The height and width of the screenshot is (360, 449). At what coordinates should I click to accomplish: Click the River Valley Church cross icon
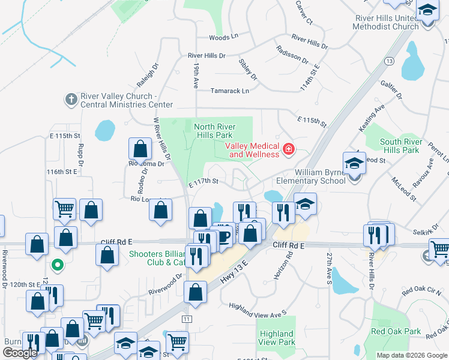pyautogui.click(x=71, y=98)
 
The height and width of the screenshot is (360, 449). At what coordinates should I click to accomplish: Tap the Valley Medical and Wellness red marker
pyautogui.click(x=289, y=149)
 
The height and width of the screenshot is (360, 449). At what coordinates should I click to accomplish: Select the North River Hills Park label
pyautogui.click(x=215, y=131)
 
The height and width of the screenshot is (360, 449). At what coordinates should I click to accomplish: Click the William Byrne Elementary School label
pyautogui.click(x=311, y=176)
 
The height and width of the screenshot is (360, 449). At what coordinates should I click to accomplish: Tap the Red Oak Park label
pyautogui.click(x=396, y=331)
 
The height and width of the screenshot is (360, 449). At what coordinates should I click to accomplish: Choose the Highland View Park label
pyautogui.click(x=277, y=338)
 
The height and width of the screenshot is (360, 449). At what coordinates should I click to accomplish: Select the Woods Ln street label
pyautogui.click(x=223, y=37)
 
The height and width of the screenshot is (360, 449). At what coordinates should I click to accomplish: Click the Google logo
pyautogui.click(x=20, y=353)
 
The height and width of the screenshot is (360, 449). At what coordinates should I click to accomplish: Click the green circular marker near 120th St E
pyautogui.click(x=58, y=264)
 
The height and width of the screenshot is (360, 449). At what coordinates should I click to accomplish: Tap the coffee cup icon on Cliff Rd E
pyautogui.click(x=223, y=236)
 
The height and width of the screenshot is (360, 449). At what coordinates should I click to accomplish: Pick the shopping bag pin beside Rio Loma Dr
pyautogui.click(x=139, y=148)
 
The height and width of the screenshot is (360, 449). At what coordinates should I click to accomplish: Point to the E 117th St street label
pyautogui.click(x=203, y=181)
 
